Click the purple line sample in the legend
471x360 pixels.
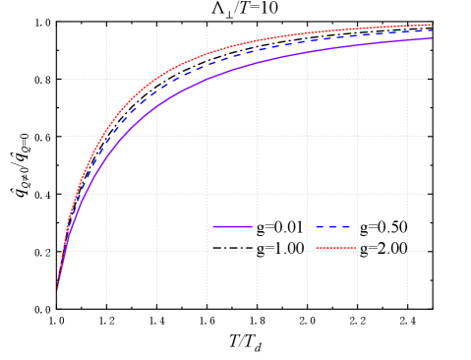tap(232, 227)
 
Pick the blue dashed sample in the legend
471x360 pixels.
tap(334, 227)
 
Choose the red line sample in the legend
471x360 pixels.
tap(336, 249)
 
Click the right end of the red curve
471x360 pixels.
tap(432, 25)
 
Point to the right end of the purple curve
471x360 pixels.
tap(432, 38)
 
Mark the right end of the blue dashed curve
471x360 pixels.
tap(432, 30)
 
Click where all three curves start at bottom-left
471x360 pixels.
tap(57, 289)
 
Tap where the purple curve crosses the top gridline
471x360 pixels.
tap(206, 79)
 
